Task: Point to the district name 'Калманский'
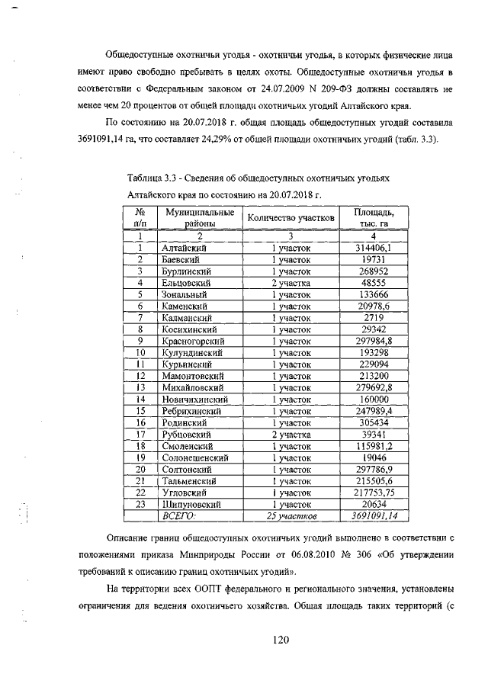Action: [x=188, y=317]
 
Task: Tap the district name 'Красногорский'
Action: [x=194, y=341]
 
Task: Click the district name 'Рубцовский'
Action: [x=188, y=435]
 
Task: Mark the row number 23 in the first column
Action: [x=140, y=504]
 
